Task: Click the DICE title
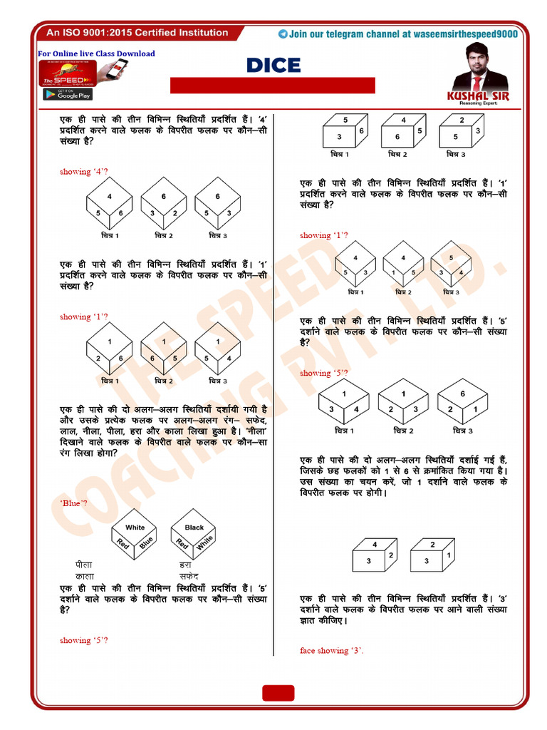tap(273, 66)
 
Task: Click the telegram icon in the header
tap(283, 34)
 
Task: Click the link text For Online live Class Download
tap(96, 53)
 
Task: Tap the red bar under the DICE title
tap(272, 86)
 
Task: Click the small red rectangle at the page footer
tap(278, 693)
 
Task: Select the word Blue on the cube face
tap(147, 543)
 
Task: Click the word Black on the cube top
tap(194, 528)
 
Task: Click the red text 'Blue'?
tap(73, 503)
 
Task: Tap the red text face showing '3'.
tap(332, 650)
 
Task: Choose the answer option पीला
tap(73, 565)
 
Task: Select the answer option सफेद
tap(189, 575)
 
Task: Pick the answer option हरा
tap(185, 565)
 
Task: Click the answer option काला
tap(75, 575)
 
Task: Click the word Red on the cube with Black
tap(182, 544)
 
